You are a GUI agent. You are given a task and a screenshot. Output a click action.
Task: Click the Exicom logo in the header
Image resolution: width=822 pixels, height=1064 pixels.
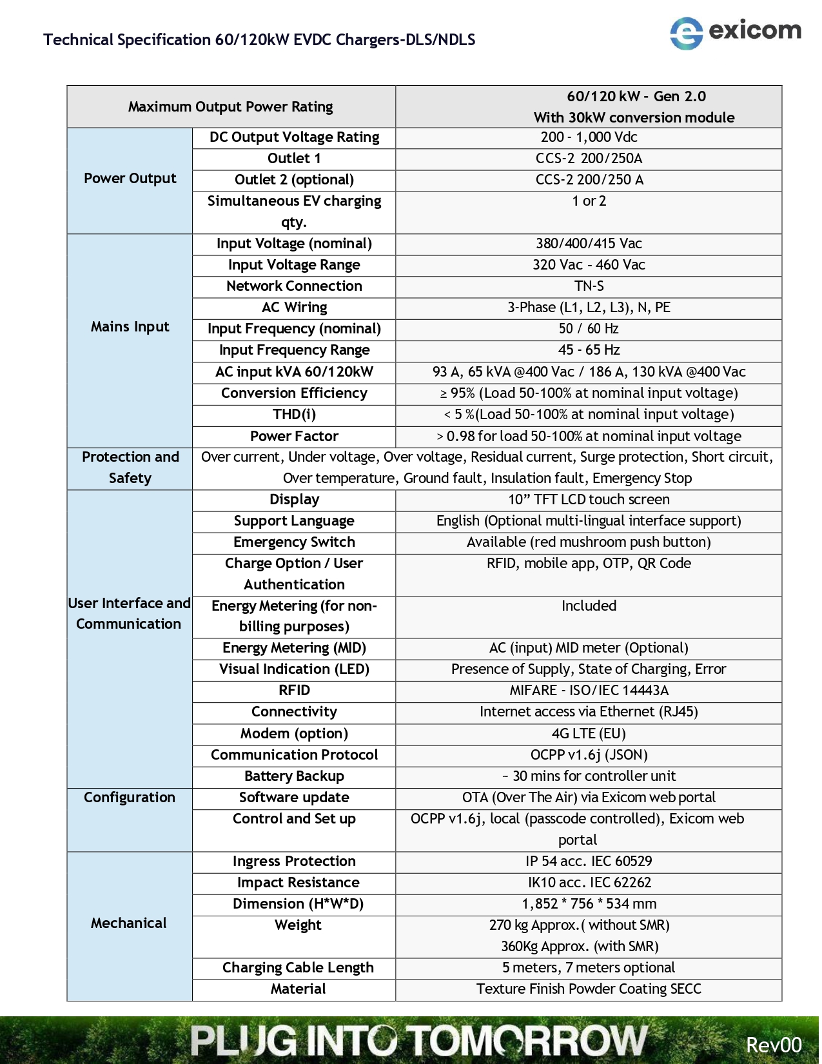tap(735, 32)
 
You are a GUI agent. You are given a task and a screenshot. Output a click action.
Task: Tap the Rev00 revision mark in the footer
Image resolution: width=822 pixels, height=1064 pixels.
tap(773, 1044)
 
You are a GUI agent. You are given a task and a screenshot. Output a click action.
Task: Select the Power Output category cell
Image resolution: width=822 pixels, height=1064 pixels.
tap(130, 179)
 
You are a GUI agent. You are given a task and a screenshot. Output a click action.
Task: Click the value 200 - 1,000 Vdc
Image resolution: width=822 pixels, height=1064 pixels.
tap(589, 137)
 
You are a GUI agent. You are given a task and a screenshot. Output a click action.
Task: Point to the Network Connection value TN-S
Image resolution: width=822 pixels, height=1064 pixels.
tap(589, 286)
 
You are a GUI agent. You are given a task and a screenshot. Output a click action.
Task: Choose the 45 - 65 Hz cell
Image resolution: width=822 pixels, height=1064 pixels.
tap(589, 350)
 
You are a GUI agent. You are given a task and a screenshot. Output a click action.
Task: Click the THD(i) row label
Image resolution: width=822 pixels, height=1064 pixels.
tap(294, 415)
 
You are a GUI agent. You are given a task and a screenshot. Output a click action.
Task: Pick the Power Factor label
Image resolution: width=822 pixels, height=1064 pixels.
tap(294, 437)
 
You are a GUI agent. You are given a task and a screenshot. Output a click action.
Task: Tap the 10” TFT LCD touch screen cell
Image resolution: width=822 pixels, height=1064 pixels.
tap(589, 500)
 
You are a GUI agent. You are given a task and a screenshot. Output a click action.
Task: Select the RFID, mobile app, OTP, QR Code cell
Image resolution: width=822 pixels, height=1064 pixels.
tap(589, 564)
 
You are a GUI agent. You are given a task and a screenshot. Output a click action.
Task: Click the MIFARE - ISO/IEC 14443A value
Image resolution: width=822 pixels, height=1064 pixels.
tap(589, 691)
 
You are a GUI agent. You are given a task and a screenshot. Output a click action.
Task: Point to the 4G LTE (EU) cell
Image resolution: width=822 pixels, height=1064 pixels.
tap(589, 734)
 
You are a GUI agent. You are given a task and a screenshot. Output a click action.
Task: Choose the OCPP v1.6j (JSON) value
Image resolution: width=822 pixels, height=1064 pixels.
tap(589, 755)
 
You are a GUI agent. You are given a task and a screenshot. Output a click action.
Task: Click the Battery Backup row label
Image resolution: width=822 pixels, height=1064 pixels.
tap(294, 776)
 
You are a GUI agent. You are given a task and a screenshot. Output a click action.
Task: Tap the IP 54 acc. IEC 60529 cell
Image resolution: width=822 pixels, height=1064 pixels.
tap(589, 862)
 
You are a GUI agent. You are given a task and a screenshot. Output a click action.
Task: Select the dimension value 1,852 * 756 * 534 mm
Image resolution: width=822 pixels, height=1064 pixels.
tap(589, 904)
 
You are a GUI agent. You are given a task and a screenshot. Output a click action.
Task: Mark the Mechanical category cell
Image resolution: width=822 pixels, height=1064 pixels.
tap(129, 923)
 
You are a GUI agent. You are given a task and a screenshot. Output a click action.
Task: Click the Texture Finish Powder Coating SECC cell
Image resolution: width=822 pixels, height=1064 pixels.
tap(589, 989)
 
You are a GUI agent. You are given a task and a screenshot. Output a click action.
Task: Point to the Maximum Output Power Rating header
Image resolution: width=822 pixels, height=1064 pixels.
tap(230, 107)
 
